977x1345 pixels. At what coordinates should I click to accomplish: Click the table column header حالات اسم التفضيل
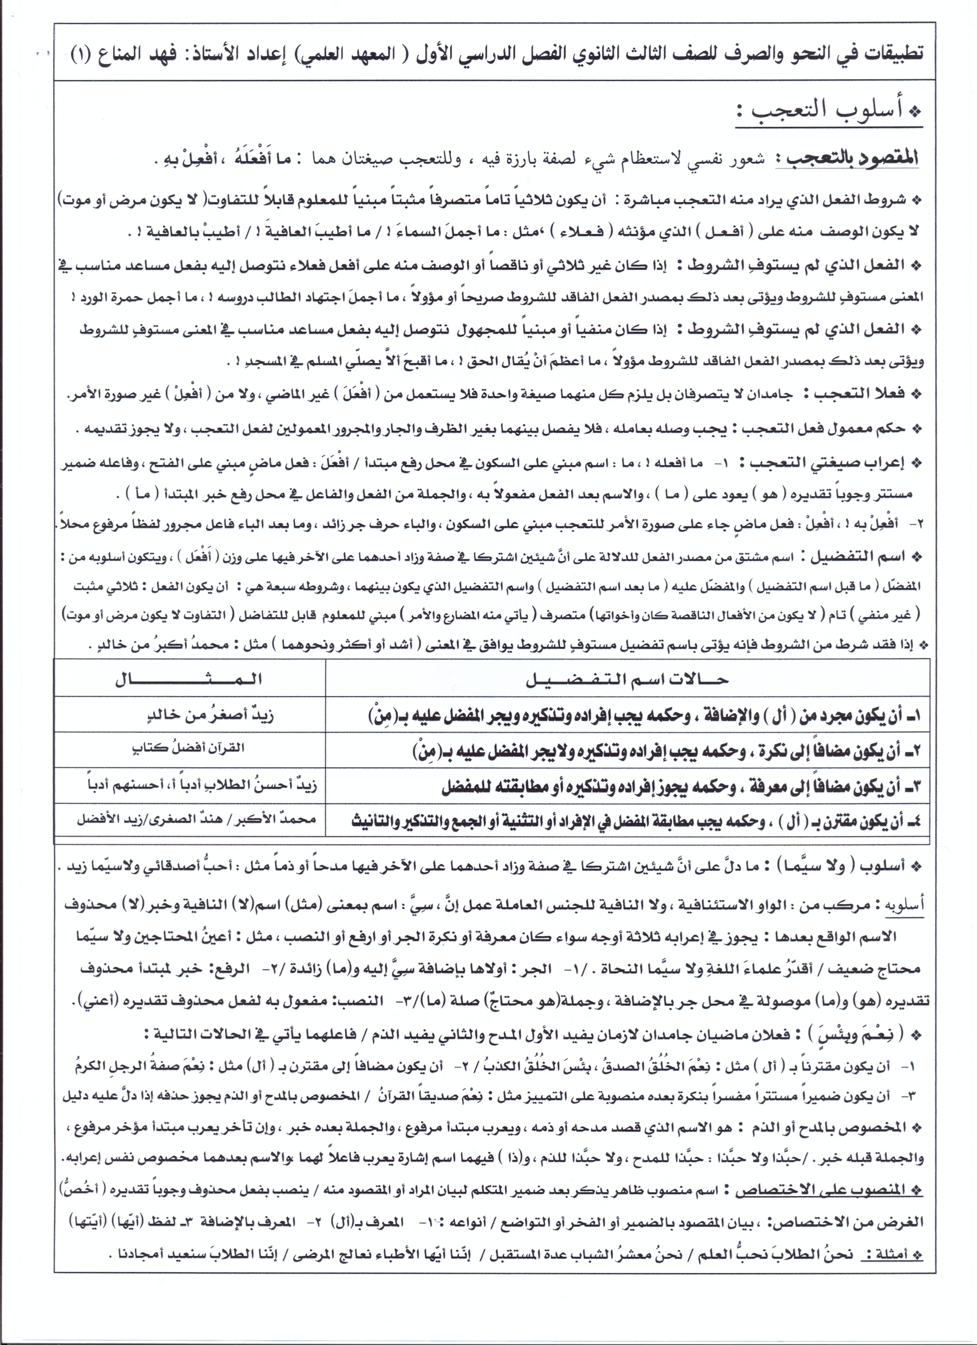tap(626, 679)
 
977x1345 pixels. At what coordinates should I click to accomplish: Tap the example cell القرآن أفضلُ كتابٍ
tap(188, 748)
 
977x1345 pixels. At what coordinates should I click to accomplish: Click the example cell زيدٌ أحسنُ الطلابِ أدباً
tap(202, 786)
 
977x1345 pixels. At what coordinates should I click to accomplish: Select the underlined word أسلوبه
tap(903, 905)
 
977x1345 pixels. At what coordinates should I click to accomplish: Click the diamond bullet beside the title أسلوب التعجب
tap(916, 112)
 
